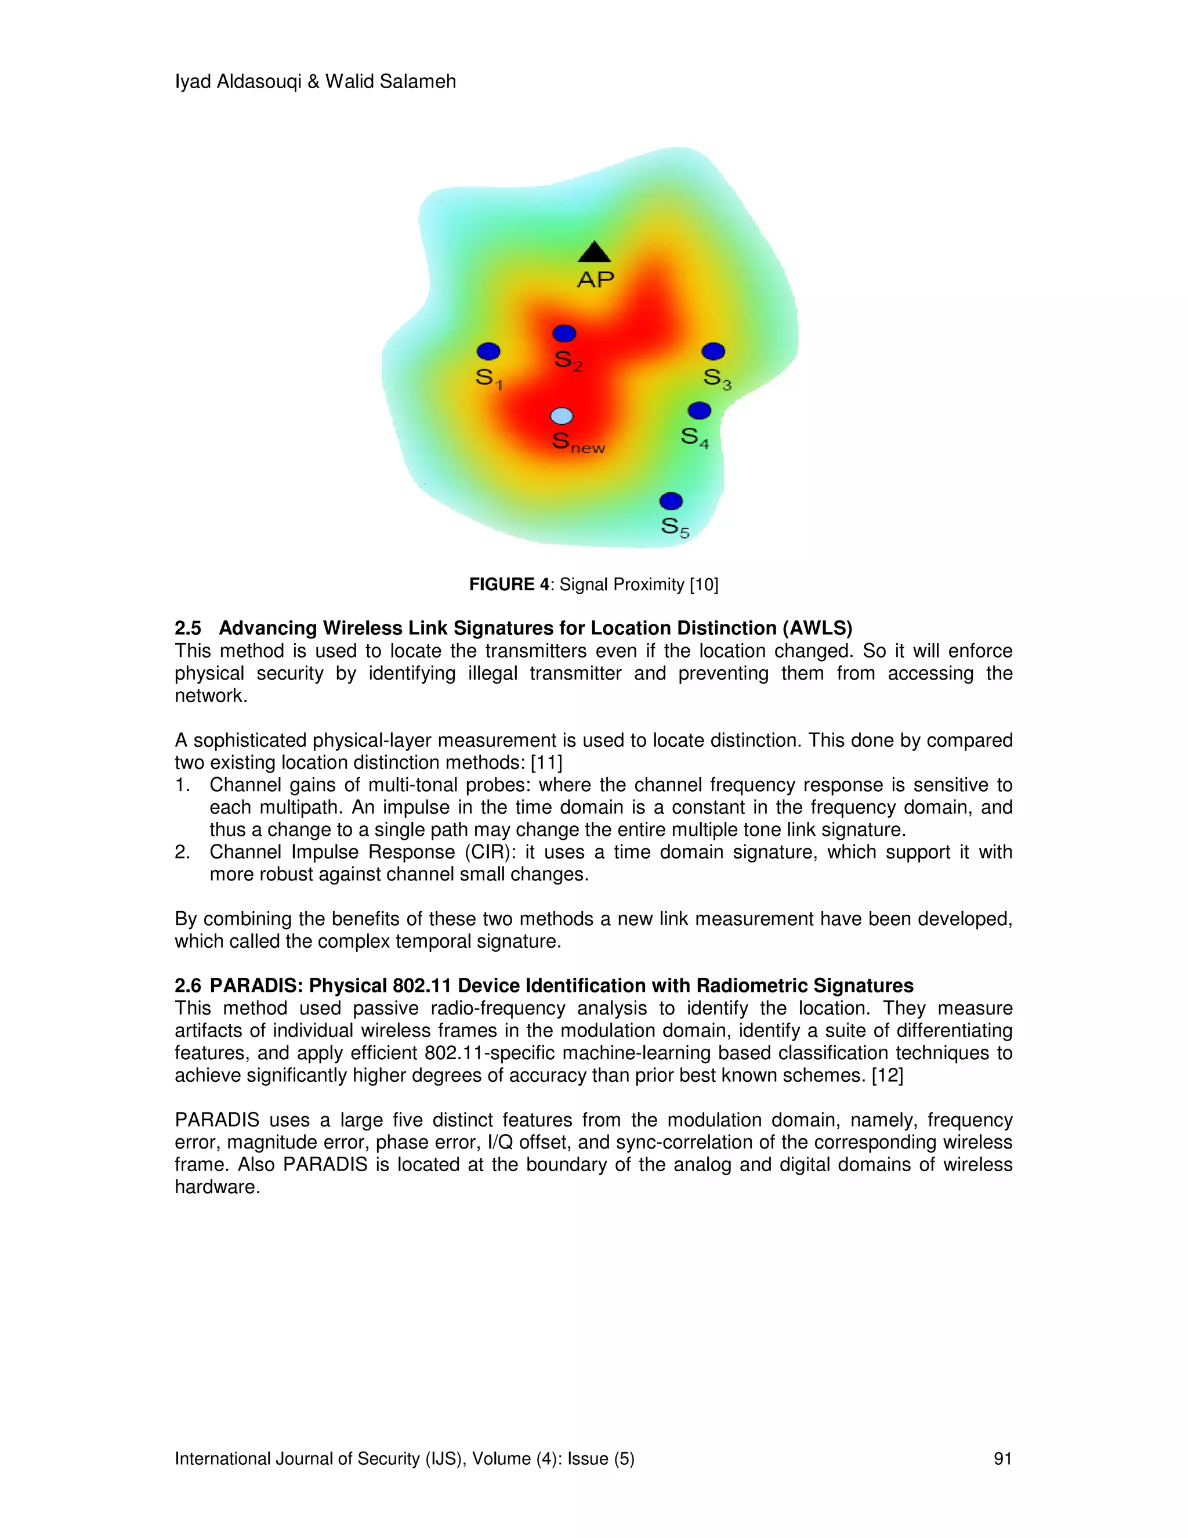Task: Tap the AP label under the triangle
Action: pos(595,280)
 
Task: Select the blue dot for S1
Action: pos(488,351)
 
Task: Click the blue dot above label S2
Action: pos(564,333)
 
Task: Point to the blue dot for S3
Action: pos(713,351)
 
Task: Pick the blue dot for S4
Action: pos(699,410)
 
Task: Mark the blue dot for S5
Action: pos(671,501)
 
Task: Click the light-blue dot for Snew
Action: pos(562,416)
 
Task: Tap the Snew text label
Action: pos(578,443)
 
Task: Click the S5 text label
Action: pos(674,528)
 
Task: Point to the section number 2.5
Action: pos(188,628)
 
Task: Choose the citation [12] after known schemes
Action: pos(887,1075)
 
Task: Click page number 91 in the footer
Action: pos(1002,1458)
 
